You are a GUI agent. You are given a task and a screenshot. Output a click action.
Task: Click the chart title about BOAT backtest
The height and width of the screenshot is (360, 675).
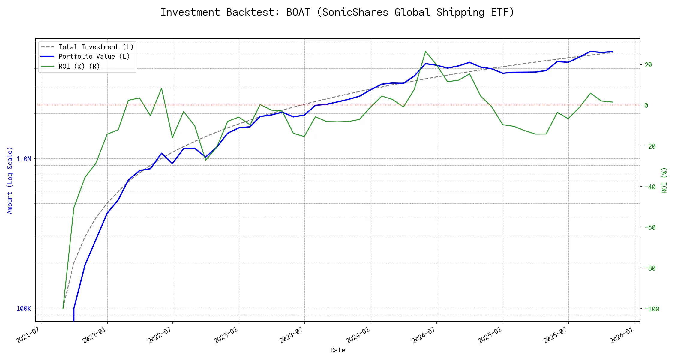pyautogui.click(x=337, y=12)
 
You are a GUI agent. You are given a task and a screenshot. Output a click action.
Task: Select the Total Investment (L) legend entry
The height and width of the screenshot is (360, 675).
pyautogui.click(x=96, y=47)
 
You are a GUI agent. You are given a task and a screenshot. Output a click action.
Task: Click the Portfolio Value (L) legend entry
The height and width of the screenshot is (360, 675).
pyautogui.click(x=94, y=57)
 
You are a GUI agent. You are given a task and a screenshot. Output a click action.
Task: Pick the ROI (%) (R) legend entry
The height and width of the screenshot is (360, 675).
pyautogui.click(x=79, y=66)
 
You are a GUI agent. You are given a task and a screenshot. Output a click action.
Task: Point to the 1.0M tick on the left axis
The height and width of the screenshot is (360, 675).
pyautogui.click(x=24, y=159)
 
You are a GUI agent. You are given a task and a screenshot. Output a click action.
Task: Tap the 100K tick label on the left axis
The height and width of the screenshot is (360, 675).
pyautogui.click(x=24, y=308)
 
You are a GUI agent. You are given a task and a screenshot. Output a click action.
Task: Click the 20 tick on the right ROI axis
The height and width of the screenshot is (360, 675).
pyautogui.click(x=648, y=65)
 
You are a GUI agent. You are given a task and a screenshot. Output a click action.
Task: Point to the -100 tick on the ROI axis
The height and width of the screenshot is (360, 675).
pyautogui.click(x=652, y=309)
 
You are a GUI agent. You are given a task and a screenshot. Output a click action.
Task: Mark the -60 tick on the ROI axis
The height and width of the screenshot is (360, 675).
pyautogui.click(x=650, y=227)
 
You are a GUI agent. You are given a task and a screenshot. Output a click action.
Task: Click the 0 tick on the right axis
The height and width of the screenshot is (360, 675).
pyautogui.click(x=646, y=105)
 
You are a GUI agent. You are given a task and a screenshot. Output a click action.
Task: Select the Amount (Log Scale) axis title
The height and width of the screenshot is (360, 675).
pyautogui.click(x=10, y=180)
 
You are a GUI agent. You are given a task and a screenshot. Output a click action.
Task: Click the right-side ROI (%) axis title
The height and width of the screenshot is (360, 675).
pyautogui.click(x=664, y=180)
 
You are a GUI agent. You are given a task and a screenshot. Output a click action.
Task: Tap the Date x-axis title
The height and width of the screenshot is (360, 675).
pyautogui.click(x=338, y=350)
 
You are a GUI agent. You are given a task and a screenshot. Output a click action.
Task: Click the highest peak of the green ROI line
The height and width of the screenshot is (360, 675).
pyautogui.click(x=425, y=51)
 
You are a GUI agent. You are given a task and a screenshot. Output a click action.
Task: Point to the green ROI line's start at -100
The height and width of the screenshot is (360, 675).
pyautogui.click(x=63, y=308)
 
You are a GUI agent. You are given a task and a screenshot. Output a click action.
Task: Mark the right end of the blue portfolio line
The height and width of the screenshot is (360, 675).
pyautogui.click(x=613, y=52)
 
